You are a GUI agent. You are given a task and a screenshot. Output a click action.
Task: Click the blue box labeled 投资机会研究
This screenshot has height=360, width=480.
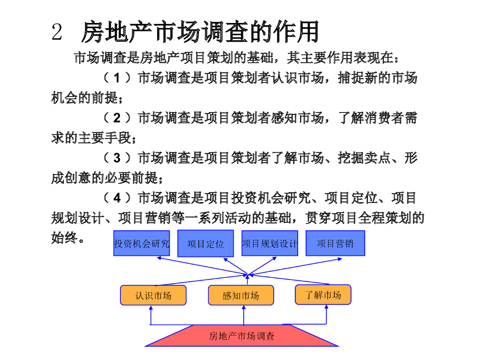coord(142,243)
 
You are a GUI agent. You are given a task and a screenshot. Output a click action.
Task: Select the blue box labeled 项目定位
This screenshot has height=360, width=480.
coord(205,243)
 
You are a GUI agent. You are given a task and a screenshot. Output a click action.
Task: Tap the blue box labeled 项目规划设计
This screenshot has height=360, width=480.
coord(270,243)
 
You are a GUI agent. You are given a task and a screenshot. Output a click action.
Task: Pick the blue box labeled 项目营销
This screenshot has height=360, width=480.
coord(335,243)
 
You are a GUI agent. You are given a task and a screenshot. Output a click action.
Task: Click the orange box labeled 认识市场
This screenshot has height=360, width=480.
coord(153,295)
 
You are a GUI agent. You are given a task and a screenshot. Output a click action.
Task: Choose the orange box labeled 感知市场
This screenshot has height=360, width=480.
coord(241,295)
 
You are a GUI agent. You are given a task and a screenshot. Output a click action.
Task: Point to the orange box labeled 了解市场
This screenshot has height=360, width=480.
coord(323,294)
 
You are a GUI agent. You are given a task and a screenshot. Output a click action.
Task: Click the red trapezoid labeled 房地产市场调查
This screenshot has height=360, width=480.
coord(241,336)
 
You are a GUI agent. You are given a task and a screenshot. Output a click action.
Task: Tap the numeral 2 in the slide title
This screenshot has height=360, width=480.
coord(57,32)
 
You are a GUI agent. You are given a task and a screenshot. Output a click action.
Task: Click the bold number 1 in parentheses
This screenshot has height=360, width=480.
coord(117,78)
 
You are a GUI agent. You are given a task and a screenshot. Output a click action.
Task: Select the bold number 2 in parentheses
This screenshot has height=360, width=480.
coord(117,118)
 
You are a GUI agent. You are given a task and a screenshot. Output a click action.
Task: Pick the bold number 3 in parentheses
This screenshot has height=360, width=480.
coord(117,158)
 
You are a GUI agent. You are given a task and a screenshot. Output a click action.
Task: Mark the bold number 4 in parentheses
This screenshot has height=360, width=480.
coord(117,198)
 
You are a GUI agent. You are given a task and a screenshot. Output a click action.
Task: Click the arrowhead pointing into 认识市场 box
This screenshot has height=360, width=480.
coord(150,307)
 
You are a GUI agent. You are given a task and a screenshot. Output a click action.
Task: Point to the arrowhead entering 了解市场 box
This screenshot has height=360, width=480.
coord(326,307)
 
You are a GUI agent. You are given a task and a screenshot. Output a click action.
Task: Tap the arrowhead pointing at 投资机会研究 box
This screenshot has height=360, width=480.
coord(159,258)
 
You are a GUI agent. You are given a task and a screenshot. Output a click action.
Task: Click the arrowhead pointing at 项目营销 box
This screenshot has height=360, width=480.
coord(340,259)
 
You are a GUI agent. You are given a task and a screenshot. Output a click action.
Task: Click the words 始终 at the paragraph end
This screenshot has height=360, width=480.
coord(64,238)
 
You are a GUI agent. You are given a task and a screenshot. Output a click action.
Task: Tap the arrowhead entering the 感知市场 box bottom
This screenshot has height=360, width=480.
coord(244,307)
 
